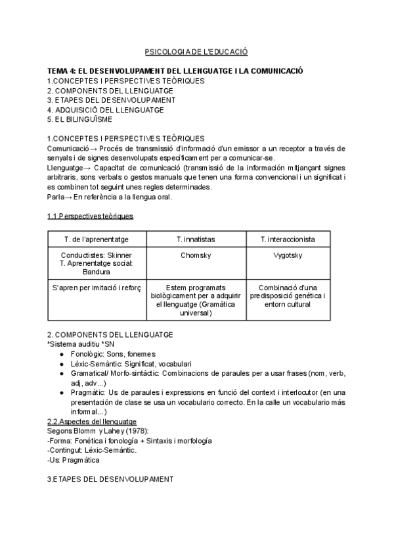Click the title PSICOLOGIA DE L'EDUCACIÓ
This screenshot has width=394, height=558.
pyautogui.click(x=196, y=51)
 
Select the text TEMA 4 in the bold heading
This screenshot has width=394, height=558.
pyautogui.click(x=62, y=71)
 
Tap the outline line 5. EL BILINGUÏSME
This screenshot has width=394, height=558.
pyautogui.click(x=79, y=120)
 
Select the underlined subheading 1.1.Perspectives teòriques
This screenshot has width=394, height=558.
pyautogui.click(x=90, y=216)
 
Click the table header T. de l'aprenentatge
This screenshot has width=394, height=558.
pyautogui.click(x=97, y=239)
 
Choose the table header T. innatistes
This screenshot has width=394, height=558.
pyautogui.click(x=196, y=239)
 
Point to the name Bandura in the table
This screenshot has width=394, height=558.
pyautogui.click(x=97, y=271)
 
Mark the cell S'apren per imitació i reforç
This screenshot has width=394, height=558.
pyautogui.click(x=97, y=288)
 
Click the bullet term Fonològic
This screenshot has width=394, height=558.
pyautogui.click(x=86, y=354)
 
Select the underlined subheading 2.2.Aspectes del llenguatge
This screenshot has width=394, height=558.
pyautogui.click(x=92, y=421)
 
